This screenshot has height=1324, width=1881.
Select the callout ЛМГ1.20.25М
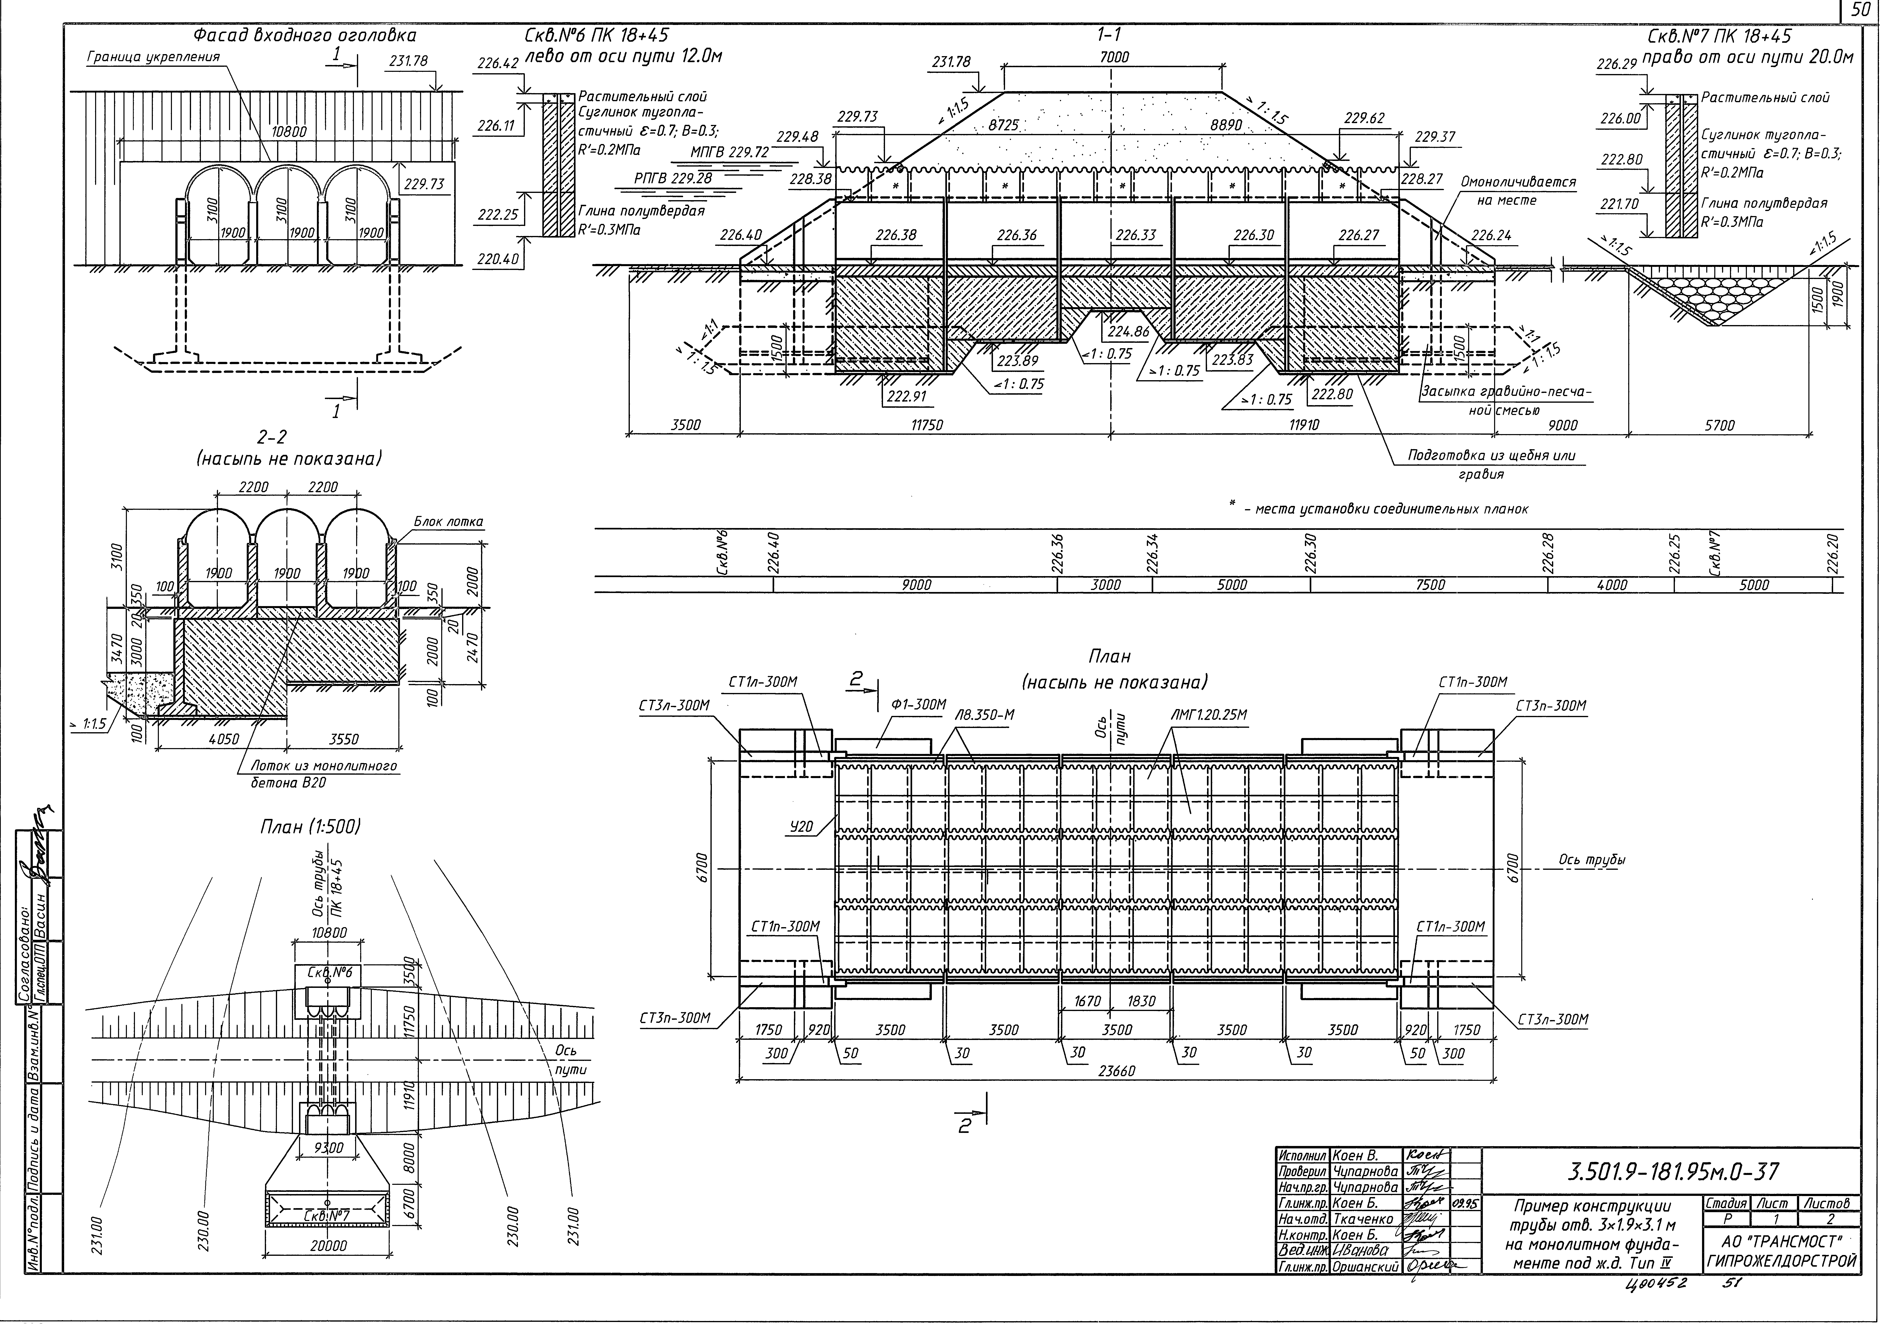(1209, 715)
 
